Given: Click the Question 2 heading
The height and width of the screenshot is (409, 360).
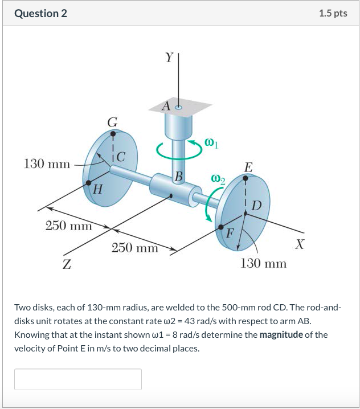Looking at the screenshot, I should [40, 13].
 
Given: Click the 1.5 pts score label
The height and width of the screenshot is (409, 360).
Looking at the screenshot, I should [333, 13].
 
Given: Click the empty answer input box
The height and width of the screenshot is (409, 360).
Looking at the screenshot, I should [78, 379].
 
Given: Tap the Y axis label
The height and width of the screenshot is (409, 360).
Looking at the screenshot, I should [169, 58].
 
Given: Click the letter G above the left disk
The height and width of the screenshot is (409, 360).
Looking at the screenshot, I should [113, 121].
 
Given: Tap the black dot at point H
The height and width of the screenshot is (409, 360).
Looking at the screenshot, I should [89, 183].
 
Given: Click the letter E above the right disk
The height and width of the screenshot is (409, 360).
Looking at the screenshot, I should [247, 167].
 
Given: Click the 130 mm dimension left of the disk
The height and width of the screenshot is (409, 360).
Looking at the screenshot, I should [47, 165].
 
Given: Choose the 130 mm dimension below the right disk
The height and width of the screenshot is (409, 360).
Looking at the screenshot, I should [264, 263].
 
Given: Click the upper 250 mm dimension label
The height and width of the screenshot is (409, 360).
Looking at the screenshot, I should [68, 226].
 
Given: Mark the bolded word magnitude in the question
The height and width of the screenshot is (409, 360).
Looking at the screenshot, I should [281, 334].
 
